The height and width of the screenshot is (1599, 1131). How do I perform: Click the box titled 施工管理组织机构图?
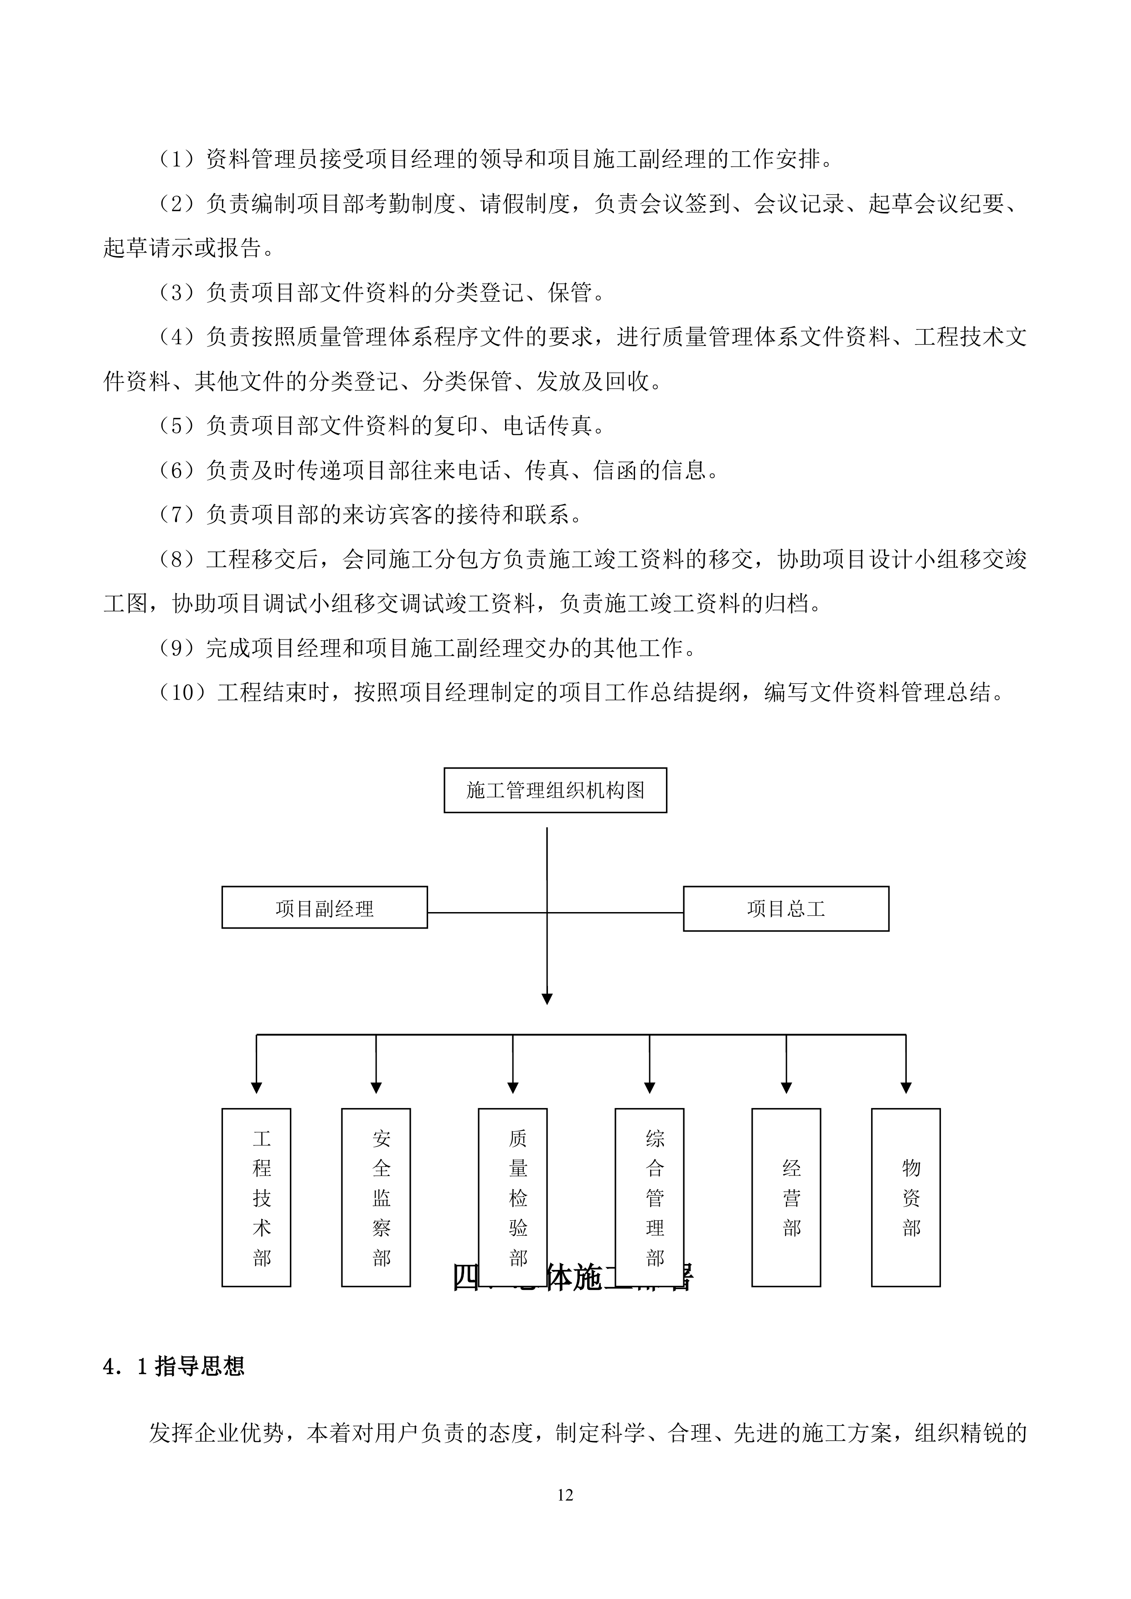(x=555, y=790)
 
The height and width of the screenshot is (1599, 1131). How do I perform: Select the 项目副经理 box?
(x=325, y=908)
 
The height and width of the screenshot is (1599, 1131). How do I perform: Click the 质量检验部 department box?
(x=512, y=1187)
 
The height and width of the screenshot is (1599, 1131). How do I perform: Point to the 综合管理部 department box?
(x=649, y=1187)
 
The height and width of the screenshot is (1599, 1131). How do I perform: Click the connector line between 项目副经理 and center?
(x=487, y=913)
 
